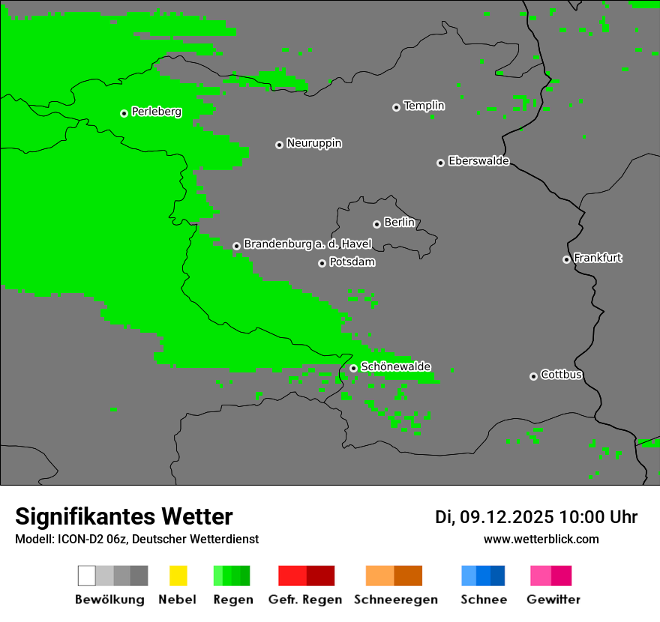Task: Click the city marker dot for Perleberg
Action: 124,113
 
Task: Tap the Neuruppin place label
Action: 314,143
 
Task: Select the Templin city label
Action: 424,106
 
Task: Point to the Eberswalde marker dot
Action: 440,163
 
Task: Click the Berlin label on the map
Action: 399,223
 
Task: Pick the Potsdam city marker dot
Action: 322,263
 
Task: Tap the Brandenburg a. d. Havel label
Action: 307,244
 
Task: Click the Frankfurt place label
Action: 598,258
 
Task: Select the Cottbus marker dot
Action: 533,376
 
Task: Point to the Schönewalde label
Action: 395,366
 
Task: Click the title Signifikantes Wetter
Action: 124,517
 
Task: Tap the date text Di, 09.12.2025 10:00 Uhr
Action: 536,517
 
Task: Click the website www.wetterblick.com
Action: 541,539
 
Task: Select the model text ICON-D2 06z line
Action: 136,539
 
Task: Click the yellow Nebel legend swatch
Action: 178,576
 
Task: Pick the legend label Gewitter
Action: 553,600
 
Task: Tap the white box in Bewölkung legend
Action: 87,576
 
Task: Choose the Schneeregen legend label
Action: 395,600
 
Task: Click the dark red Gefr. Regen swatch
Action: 320,576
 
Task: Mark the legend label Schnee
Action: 484,600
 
